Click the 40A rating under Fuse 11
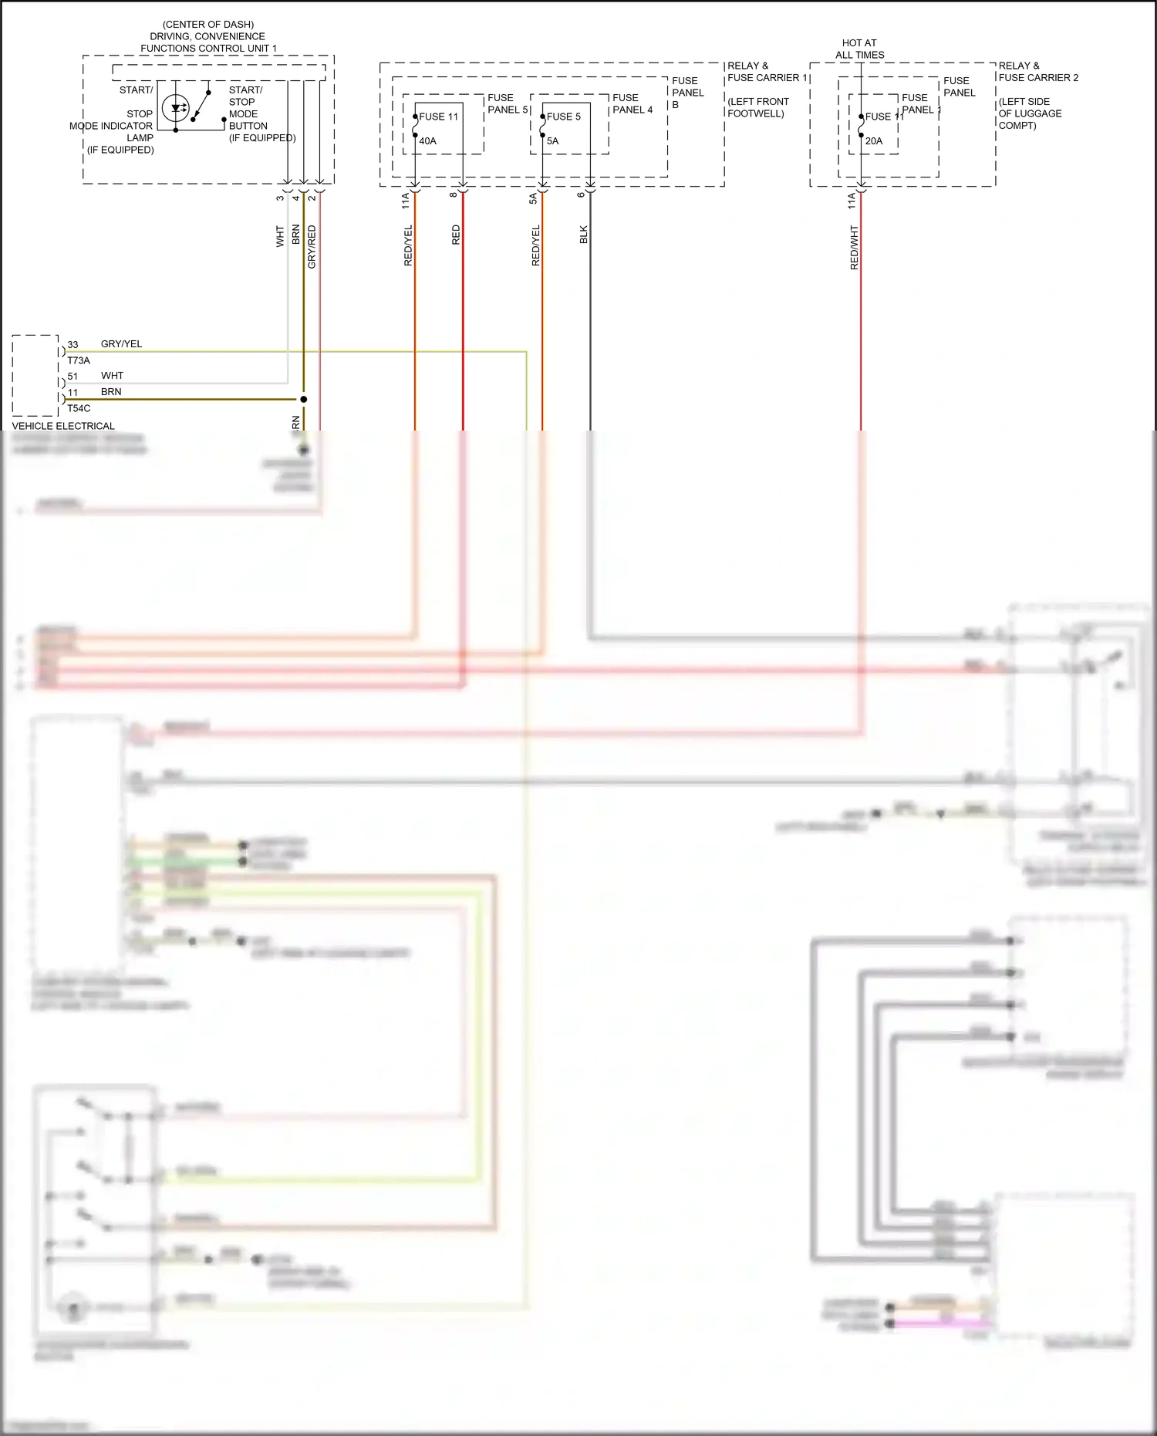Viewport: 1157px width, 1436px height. point(427,141)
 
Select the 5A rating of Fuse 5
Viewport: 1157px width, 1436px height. point(552,141)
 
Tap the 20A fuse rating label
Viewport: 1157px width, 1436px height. point(873,141)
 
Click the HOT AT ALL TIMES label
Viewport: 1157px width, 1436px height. point(859,49)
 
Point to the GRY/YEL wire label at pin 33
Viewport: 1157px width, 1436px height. point(121,344)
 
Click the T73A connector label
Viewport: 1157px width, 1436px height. point(78,360)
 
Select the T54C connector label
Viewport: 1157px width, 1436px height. point(78,408)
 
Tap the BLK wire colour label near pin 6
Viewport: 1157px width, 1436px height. point(584,235)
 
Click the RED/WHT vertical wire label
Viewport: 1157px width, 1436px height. point(854,247)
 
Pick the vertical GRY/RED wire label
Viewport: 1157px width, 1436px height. point(312,247)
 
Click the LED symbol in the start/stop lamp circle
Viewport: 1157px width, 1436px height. point(177,108)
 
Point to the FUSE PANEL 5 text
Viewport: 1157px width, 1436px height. point(507,103)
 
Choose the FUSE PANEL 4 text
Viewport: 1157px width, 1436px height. point(632,103)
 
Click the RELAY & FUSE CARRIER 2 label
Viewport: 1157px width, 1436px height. point(1037,72)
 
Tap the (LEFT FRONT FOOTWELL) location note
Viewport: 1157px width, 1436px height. point(757,107)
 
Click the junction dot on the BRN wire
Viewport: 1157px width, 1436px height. point(303,399)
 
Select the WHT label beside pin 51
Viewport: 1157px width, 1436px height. point(112,376)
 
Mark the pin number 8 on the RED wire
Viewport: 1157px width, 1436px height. point(454,194)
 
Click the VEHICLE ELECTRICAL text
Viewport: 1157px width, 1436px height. point(63,426)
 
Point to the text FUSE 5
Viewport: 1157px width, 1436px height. point(563,117)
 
